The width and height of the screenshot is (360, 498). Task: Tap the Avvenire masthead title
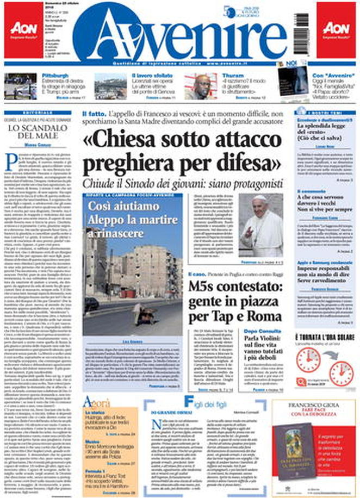(179, 34)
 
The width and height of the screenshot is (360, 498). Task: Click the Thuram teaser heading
(229, 76)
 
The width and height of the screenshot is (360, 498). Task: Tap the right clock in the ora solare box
(341, 374)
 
